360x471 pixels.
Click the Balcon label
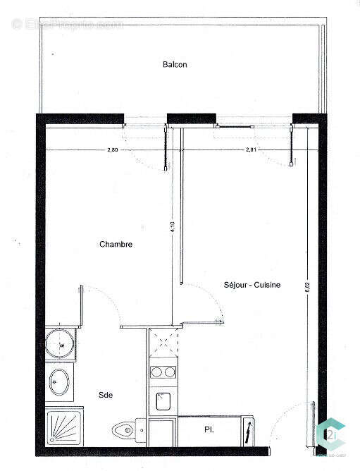[174, 64]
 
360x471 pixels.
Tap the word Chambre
[116, 245]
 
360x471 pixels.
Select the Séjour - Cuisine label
[252, 285]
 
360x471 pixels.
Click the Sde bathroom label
[106, 395]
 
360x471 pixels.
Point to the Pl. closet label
[209, 429]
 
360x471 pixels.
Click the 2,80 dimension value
[113, 150]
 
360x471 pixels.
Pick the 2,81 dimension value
[252, 150]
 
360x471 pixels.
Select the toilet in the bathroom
[128, 429]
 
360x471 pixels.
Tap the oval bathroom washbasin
[59, 383]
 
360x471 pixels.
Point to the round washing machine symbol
[59, 343]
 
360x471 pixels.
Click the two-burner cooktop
[163, 372]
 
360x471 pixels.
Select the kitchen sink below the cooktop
[163, 401]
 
